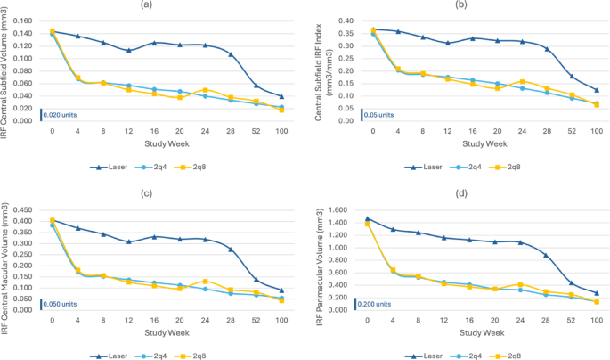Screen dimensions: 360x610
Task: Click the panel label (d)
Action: coord(460,194)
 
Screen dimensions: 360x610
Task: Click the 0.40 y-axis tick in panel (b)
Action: coord(342,20)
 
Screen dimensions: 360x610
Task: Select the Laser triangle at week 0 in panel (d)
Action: coord(368,218)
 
